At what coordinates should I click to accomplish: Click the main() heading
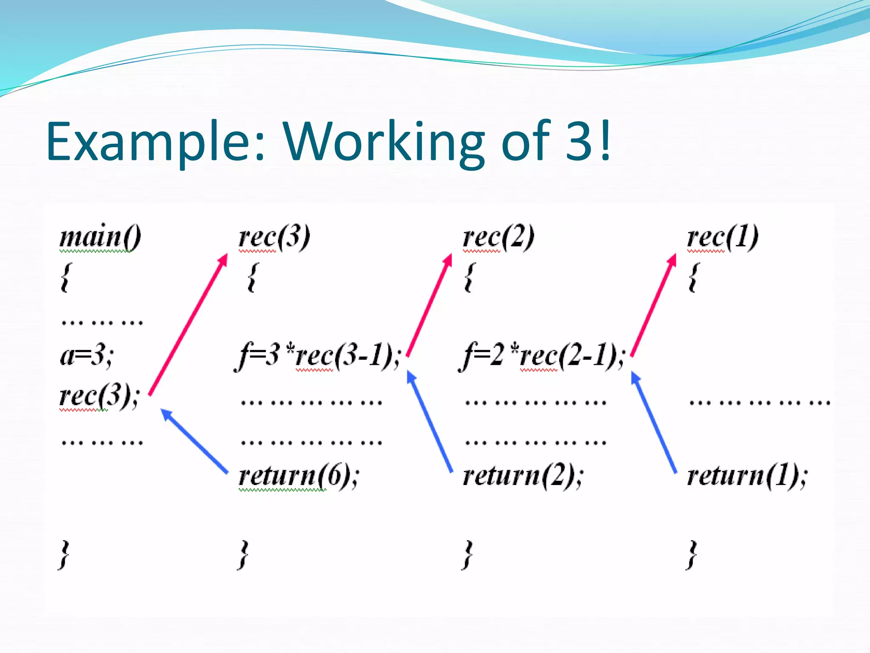click(100, 237)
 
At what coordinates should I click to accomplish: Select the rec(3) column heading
click(274, 237)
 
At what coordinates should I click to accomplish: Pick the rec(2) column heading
click(499, 237)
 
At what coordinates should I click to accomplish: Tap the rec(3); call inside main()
click(99, 396)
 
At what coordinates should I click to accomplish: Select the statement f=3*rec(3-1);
click(318, 356)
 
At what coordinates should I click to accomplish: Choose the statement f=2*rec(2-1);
click(542, 356)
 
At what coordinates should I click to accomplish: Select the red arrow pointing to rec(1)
click(653, 304)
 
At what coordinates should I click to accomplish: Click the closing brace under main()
click(64, 555)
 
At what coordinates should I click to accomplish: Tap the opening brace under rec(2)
click(469, 277)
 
